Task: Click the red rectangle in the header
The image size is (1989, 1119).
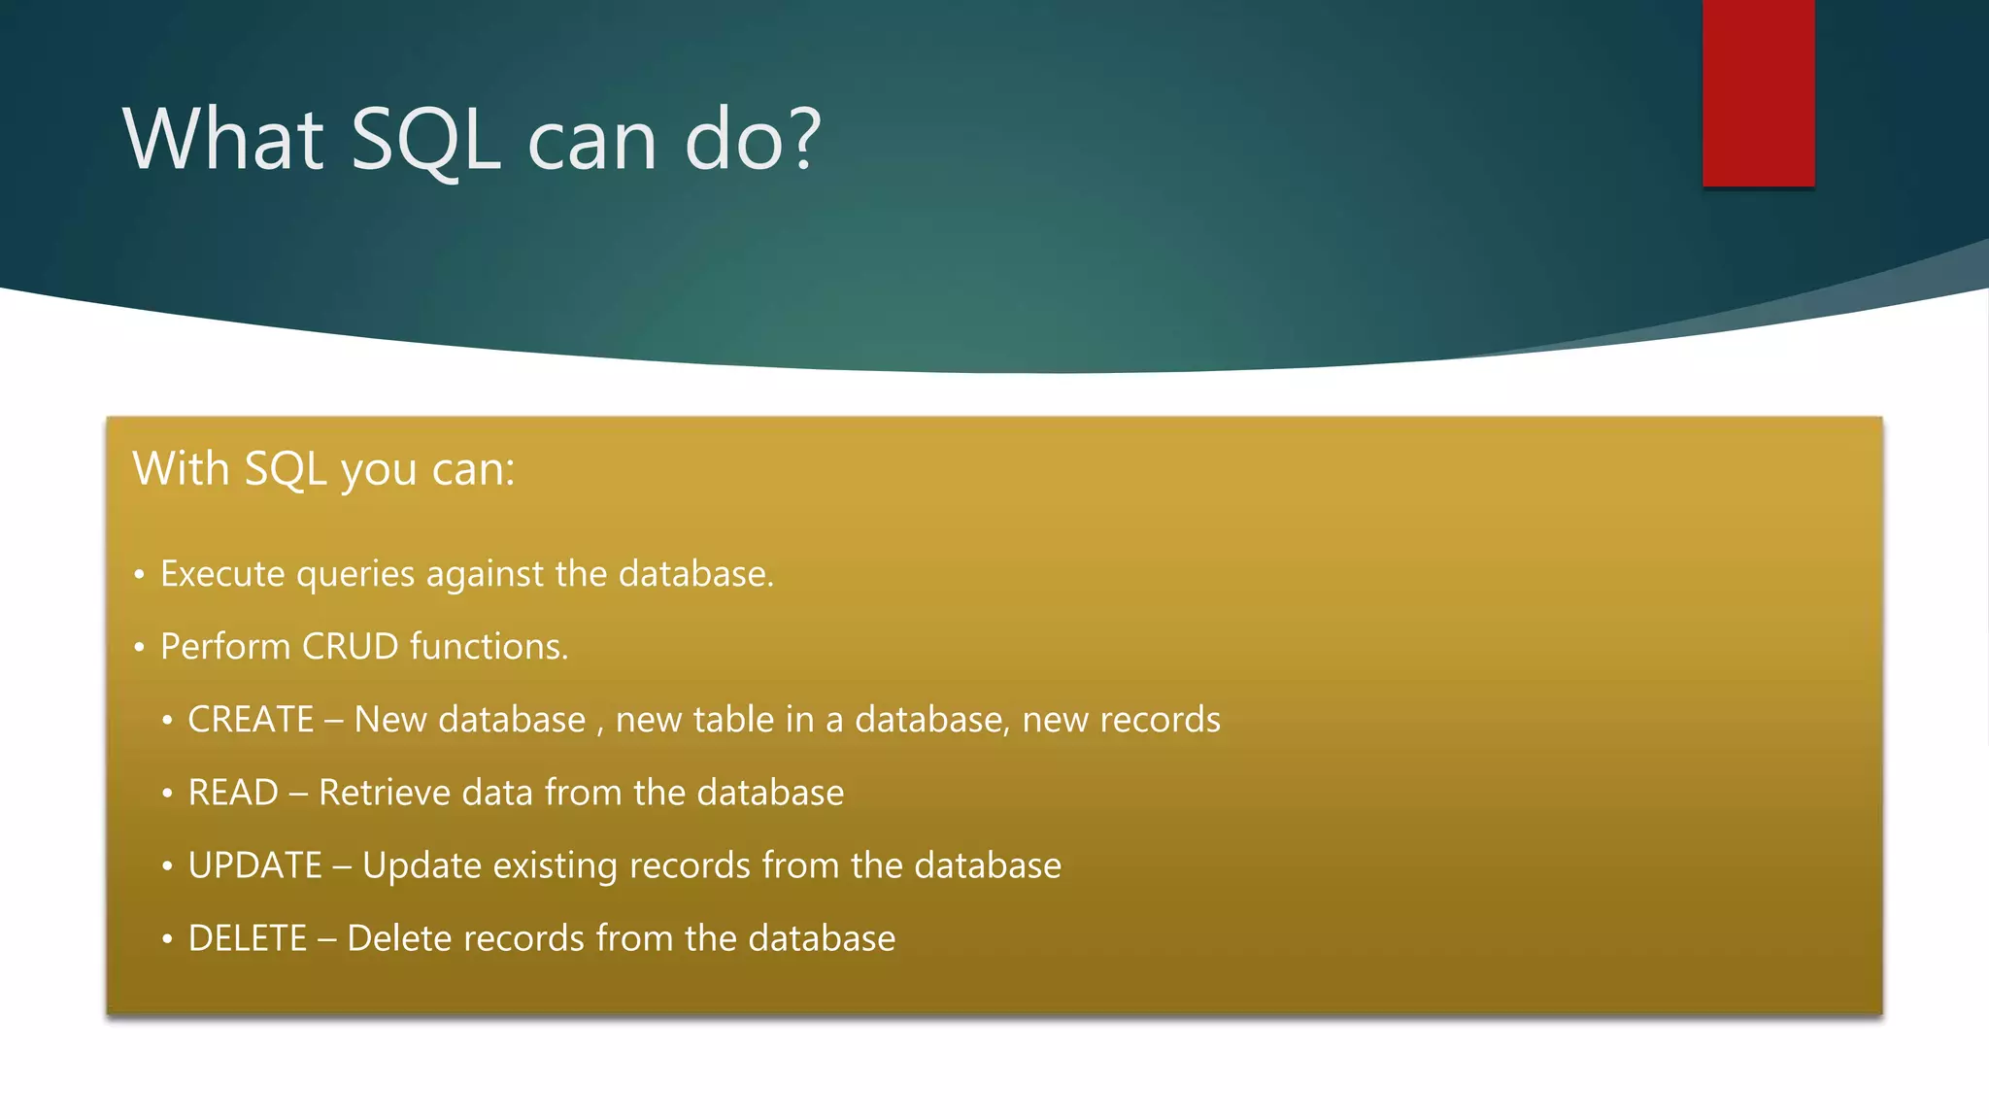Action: (x=1758, y=92)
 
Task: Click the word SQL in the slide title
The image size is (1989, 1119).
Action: (x=425, y=141)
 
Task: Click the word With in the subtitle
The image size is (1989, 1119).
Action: (x=181, y=468)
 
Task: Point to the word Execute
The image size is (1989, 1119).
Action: (x=222, y=574)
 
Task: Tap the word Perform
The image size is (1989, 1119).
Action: (x=225, y=647)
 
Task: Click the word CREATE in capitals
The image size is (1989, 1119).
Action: (x=251, y=720)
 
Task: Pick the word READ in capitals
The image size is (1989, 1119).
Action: (x=233, y=793)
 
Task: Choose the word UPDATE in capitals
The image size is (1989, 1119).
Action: (x=254, y=865)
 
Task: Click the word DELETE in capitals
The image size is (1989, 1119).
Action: (x=248, y=938)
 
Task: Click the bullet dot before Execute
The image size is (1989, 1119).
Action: (x=140, y=575)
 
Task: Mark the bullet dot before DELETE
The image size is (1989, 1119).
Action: (x=167, y=939)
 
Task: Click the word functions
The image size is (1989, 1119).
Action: (x=489, y=647)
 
